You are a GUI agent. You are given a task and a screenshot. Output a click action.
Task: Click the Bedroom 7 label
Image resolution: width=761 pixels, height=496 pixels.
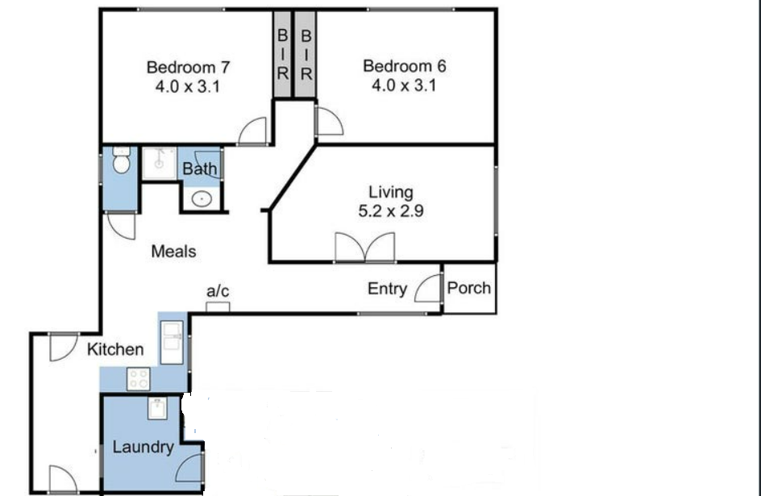click(x=181, y=67)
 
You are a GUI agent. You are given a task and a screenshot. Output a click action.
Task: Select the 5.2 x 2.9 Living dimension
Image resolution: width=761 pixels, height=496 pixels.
click(x=391, y=212)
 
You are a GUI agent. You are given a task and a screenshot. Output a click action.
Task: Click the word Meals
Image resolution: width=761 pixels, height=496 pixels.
click(x=173, y=252)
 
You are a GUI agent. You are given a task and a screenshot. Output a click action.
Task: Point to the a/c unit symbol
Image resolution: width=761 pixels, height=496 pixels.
click(x=218, y=306)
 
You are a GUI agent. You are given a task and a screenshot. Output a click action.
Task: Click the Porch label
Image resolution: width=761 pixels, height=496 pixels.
click(x=469, y=288)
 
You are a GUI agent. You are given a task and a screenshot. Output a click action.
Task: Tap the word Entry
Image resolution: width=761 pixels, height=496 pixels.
click(x=387, y=289)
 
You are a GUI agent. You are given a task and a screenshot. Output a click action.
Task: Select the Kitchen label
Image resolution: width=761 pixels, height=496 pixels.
click(x=115, y=349)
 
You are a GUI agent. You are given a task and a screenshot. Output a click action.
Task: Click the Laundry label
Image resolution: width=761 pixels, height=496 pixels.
click(x=143, y=447)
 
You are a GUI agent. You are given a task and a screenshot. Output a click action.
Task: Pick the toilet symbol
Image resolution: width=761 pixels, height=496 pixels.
click(x=121, y=164)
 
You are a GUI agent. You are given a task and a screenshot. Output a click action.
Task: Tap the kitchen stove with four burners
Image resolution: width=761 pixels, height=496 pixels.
click(x=138, y=378)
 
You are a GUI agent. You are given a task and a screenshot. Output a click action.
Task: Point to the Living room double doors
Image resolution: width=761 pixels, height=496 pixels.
click(x=365, y=248)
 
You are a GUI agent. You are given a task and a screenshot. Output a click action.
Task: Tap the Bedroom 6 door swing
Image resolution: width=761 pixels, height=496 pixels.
click(x=328, y=122)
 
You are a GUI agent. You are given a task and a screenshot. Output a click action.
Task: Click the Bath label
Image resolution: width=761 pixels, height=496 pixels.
click(x=199, y=169)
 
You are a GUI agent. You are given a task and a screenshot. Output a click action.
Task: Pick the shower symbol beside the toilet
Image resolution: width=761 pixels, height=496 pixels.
click(x=159, y=162)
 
